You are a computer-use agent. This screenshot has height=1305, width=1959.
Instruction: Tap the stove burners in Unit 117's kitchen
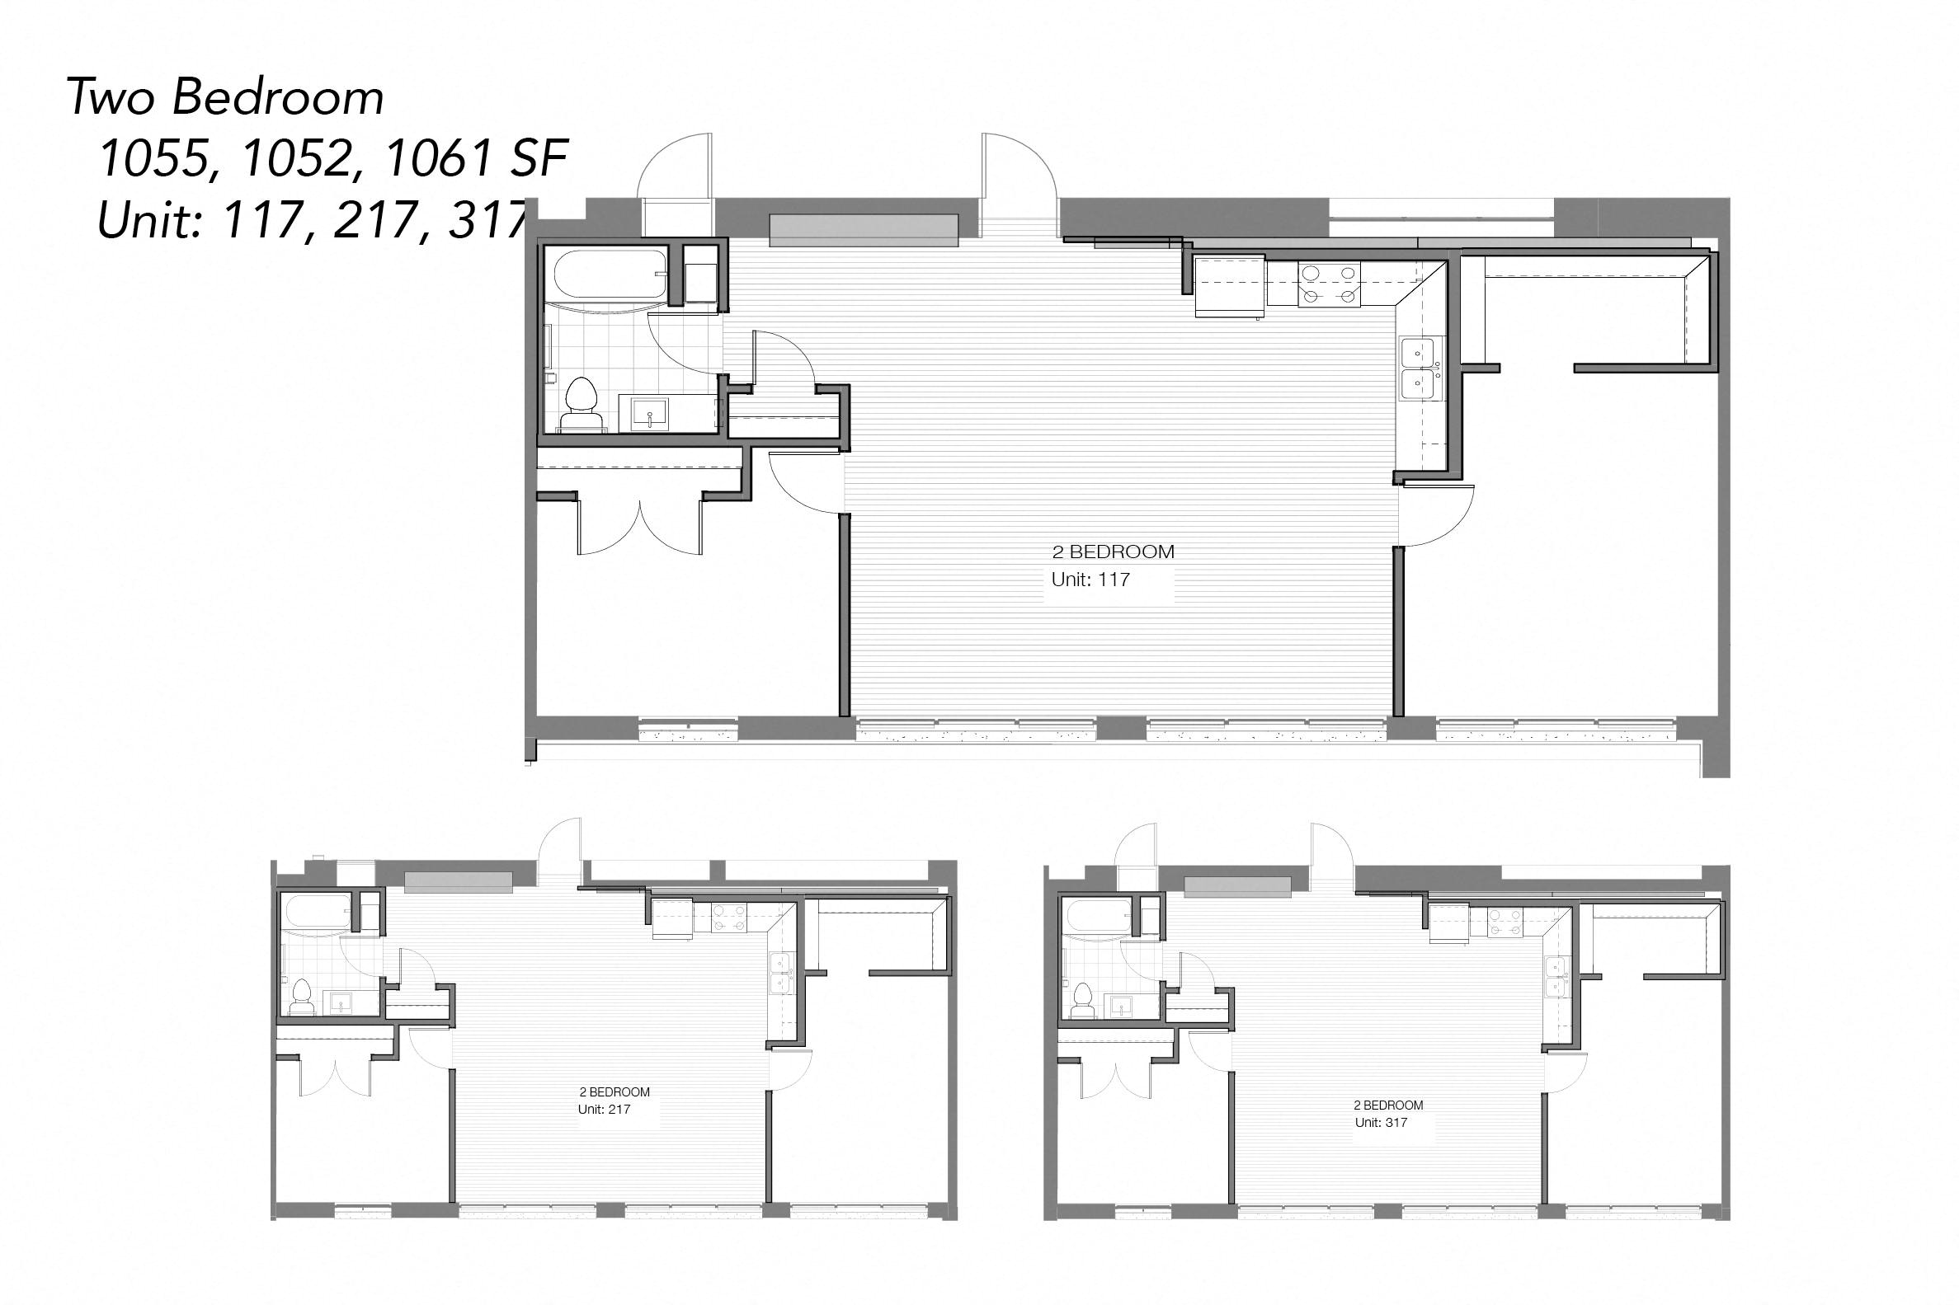(1329, 283)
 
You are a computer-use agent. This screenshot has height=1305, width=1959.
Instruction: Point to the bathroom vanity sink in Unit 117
(649, 414)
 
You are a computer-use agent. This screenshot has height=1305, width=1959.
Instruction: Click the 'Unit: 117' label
(1090, 580)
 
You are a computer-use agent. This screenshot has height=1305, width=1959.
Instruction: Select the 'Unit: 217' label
(604, 1110)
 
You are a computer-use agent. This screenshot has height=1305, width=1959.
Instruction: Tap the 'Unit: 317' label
(1381, 1123)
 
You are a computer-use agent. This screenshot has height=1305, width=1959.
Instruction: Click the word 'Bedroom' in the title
(278, 97)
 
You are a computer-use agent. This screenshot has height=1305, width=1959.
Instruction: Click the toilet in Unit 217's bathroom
(300, 996)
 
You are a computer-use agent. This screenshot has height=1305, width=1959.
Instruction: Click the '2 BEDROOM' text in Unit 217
(615, 1092)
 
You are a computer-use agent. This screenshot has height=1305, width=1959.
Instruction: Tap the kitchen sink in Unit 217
(780, 973)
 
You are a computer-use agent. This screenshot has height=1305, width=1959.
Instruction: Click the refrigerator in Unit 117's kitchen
(1229, 287)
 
